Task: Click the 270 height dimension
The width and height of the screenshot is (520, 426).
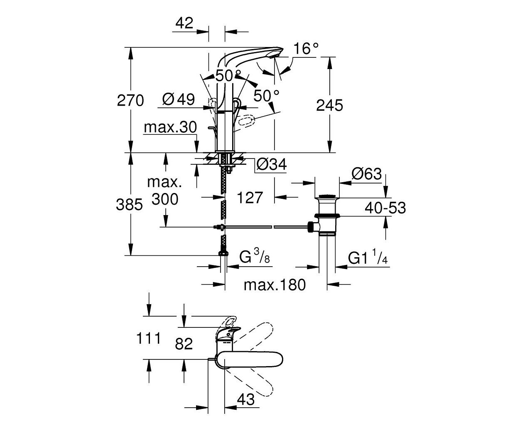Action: [x=130, y=101]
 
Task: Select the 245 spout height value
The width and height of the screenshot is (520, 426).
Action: [x=329, y=105]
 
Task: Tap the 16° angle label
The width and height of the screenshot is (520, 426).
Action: [x=306, y=48]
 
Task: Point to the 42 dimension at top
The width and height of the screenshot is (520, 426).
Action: [x=184, y=23]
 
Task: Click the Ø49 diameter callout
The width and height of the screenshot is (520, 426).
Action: [x=179, y=99]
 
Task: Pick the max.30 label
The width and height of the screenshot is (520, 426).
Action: [x=170, y=127]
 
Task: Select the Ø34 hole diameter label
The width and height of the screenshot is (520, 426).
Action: [x=272, y=164]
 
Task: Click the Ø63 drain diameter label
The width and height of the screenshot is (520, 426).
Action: [x=367, y=173]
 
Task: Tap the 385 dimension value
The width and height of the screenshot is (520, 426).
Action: [x=129, y=205]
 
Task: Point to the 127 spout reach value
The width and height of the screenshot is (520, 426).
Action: [x=250, y=198]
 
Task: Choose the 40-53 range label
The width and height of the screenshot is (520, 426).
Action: [x=385, y=208]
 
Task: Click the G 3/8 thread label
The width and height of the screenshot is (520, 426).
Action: [x=255, y=256]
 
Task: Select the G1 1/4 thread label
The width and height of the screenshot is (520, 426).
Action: [x=368, y=257]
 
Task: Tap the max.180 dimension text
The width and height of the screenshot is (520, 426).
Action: [x=275, y=285]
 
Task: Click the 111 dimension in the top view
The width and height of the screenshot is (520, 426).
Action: [x=148, y=338]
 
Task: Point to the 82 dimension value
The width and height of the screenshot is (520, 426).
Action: [x=184, y=344]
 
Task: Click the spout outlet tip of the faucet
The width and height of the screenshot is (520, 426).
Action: [x=273, y=57]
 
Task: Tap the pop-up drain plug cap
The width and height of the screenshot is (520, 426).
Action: [x=327, y=197]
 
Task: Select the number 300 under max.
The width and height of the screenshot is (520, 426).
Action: [x=165, y=199]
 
